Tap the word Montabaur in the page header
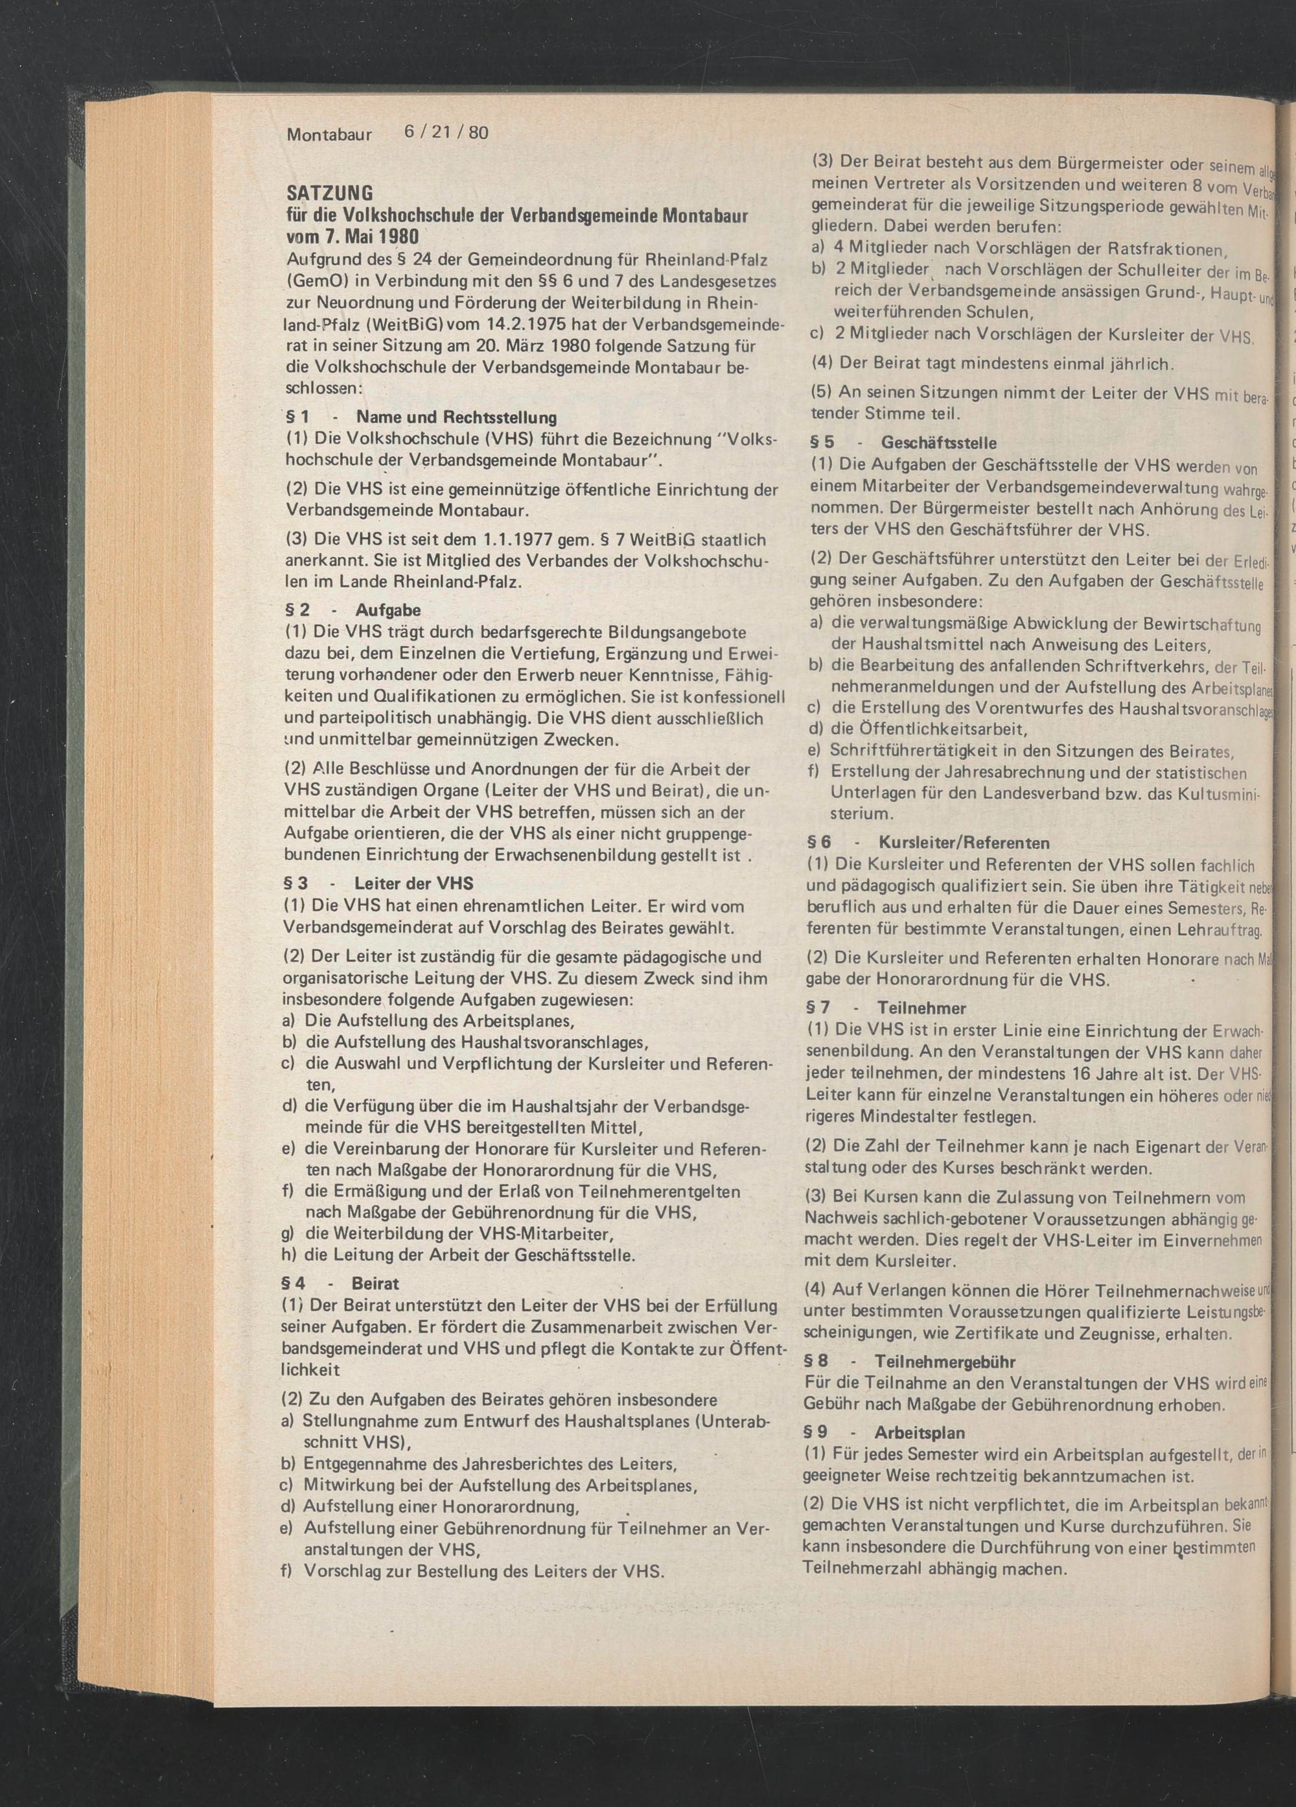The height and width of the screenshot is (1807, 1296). coord(329,135)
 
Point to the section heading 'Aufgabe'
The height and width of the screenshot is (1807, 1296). coord(388,611)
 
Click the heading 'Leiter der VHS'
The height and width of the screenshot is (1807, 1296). coord(413,883)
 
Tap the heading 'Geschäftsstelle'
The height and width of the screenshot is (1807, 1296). coord(938,442)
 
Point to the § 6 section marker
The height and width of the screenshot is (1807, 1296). coord(820,842)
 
